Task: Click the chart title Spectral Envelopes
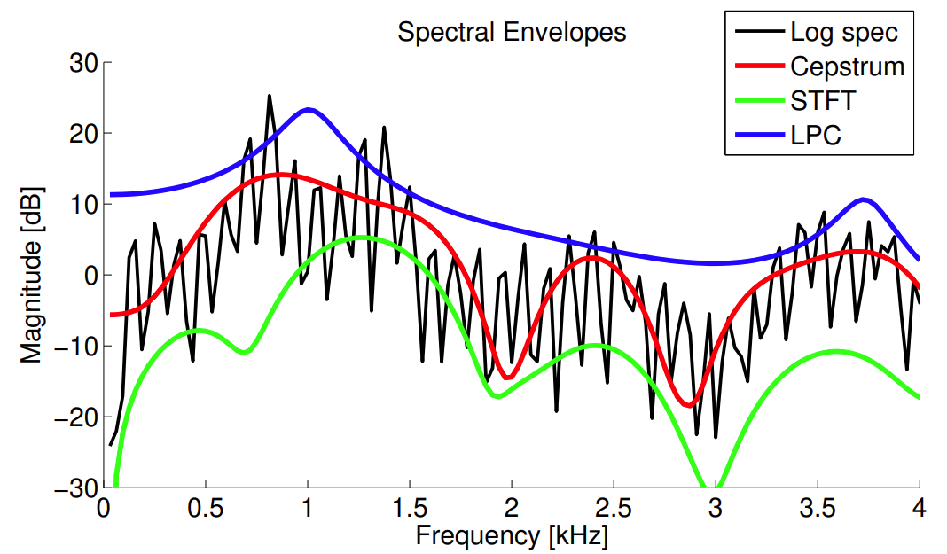[x=512, y=33]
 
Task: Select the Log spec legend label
[x=844, y=33]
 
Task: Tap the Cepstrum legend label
[x=847, y=66]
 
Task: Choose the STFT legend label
[x=823, y=101]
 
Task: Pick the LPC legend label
[x=816, y=136]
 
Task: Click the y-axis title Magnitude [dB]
[x=33, y=275]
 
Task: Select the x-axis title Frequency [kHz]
[x=512, y=535]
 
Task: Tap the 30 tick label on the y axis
[x=84, y=63]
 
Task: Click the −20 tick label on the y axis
[x=77, y=417]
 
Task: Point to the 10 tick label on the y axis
[x=84, y=204]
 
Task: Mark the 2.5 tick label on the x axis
[x=614, y=509]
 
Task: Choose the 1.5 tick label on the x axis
[x=410, y=509]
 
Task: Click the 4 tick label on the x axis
[x=920, y=509]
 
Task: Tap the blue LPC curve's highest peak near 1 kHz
[x=308, y=109]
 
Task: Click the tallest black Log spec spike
[x=269, y=96]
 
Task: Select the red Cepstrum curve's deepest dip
[x=689, y=405]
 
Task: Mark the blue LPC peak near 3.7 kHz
[x=863, y=199]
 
